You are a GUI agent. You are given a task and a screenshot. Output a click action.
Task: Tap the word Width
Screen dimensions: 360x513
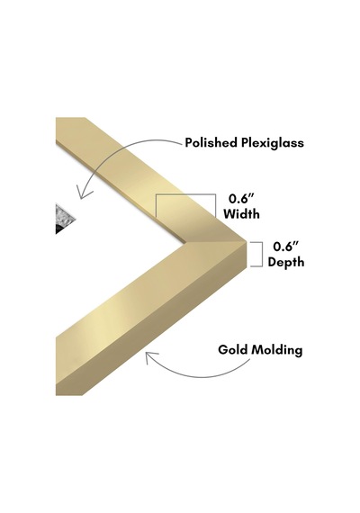click(x=241, y=214)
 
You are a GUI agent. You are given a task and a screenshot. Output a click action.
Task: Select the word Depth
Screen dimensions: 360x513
click(x=286, y=262)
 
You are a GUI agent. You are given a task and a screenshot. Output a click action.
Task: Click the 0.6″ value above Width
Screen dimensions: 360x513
click(x=241, y=199)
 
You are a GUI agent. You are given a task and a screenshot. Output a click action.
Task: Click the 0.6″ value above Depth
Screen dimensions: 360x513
click(x=286, y=247)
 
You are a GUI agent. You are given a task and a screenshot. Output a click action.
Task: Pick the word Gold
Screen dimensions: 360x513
click(x=233, y=350)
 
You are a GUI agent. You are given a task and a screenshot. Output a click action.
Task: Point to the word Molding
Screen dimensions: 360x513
click(x=277, y=350)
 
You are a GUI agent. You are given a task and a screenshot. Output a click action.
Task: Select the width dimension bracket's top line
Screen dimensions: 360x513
click(x=185, y=194)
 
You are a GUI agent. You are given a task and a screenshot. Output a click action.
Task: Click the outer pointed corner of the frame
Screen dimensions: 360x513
click(x=247, y=241)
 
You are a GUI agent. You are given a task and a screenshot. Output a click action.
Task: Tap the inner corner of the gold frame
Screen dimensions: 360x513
click(x=185, y=244)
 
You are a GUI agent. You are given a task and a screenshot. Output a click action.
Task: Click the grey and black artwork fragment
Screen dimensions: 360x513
click(x=65, y=220)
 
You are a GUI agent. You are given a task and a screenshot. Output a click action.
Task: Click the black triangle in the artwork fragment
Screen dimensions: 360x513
click(x=60, y=229)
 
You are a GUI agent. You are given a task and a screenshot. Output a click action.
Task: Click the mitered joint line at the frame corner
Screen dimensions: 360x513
click(x=216, y=242)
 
